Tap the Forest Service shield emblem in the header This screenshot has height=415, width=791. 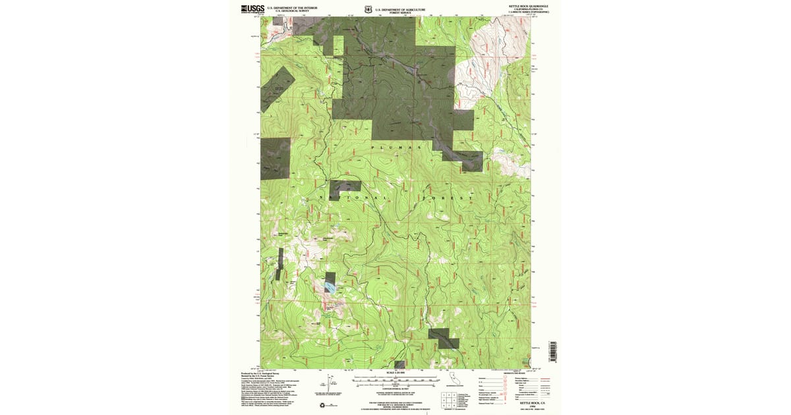[x=368, y=8]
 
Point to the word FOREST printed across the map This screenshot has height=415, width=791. [x=449, y=197]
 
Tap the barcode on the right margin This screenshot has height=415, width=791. [x=552, y=350]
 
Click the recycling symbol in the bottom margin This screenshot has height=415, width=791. [x=321, y=405]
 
